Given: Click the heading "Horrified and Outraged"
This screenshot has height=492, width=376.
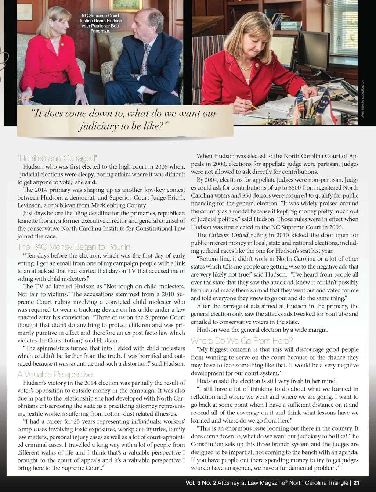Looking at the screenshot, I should coord(57,158).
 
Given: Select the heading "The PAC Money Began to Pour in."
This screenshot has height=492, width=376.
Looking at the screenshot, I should coord(75,247).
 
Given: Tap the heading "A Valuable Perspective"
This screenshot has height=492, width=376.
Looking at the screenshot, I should coord(55,374).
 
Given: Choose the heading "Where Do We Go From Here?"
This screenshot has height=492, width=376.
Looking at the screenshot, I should coord(242,341).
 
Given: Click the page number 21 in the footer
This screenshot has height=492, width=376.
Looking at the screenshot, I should coord(356,483).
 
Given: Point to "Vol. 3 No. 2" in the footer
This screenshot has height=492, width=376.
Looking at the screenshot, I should coord(201,483).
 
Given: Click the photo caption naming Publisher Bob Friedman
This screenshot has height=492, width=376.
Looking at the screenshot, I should coord(100,24).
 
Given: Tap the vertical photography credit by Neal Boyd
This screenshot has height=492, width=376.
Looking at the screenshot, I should coord(362,99).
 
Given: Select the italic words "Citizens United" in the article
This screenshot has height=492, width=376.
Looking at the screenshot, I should coord(228,235).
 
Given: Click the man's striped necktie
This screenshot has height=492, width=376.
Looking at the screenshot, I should coord(145,59).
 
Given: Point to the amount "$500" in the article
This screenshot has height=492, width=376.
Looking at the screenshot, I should coord(297,188).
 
